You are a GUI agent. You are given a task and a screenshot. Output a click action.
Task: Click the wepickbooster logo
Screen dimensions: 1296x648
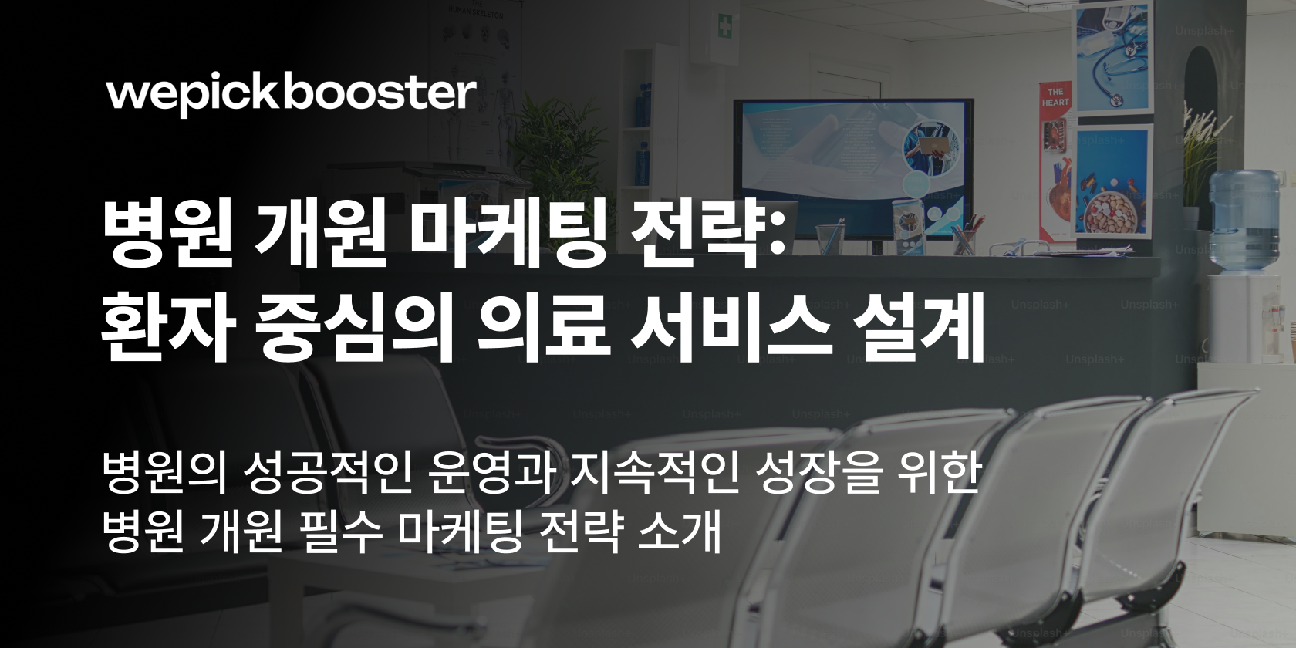pyautogui.click(x=291, y=96)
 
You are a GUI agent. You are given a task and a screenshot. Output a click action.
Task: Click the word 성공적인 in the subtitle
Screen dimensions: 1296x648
pyautogui.click(x=327, y=474)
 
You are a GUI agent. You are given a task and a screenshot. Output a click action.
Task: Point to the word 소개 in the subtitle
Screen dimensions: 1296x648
pyautogui.click(x=680, y=532)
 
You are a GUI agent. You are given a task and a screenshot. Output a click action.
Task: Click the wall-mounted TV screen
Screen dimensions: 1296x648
pyautogui.click(x=853, y=168)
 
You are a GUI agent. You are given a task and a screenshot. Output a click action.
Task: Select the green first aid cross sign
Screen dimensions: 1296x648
pyautogui.click(x=724, y=26)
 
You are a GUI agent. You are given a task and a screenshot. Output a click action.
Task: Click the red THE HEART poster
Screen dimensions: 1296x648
pyautogui.click(x=1057, y=162)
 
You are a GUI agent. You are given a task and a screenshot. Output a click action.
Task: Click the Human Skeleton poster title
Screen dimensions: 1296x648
pyautogui.click(x=475, y=11)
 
